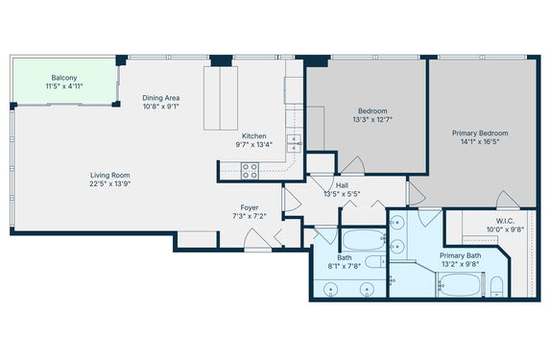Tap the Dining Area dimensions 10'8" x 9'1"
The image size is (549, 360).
(x=161, y=107)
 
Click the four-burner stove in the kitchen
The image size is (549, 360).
(x=250, y=171)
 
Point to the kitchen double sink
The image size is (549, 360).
(x=294, y=144)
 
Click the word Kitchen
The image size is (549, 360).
(x=254, y=136)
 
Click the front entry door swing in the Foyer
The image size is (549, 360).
(x=257, y=239)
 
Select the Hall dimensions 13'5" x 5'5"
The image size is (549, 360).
(x=342, y=194)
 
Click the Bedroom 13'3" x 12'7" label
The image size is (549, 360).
(x=372, y=115)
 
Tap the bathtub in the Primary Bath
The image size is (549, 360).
(x=460, y=285)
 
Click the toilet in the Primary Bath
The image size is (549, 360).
(x=496, y=287)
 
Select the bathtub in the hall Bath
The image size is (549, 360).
(x=363, y=240)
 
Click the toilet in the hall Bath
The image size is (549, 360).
(x=375, y=261)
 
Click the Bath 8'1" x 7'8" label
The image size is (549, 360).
(x=345, y=262)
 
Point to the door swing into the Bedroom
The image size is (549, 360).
(x=353, y=165)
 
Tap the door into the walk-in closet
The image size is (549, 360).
(x=508, y=200)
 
